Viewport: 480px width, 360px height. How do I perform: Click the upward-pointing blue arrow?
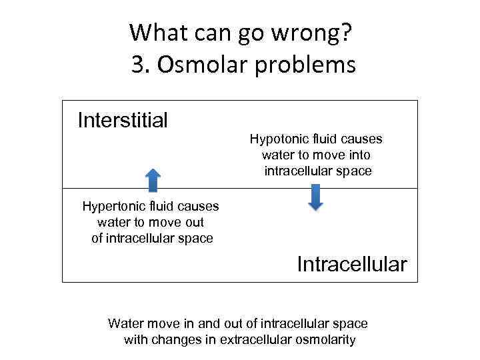point(153,180)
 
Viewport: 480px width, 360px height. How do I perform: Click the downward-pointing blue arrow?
point(316,198)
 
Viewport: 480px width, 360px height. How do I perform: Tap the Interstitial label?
point(123,120)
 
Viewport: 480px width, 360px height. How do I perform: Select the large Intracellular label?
point(351,264)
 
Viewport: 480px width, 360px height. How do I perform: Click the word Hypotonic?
point(277,139)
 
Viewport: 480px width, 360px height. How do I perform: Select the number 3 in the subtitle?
point(137,65)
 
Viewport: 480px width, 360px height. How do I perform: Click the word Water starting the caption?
point(125,323)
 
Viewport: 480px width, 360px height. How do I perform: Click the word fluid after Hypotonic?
point(322,139)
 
